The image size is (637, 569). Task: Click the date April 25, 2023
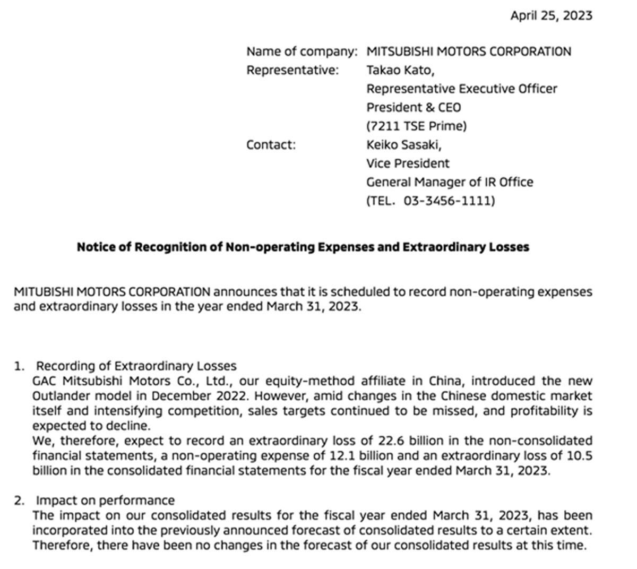point(551,15)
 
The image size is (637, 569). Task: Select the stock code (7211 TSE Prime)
point(416,126)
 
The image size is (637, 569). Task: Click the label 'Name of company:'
point(302,51)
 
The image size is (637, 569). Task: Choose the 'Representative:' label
point(292,70)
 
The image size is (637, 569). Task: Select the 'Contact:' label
point(271,145)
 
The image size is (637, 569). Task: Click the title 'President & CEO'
point(414,107)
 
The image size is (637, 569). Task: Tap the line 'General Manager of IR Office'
point(449,182)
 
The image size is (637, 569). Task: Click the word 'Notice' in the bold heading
point(97,247)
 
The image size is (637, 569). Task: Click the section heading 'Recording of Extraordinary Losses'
point(136,366)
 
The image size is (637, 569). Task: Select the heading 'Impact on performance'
point(105,501)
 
